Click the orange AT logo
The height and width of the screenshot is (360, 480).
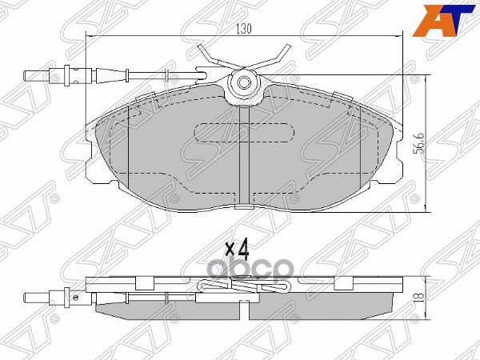442,18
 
